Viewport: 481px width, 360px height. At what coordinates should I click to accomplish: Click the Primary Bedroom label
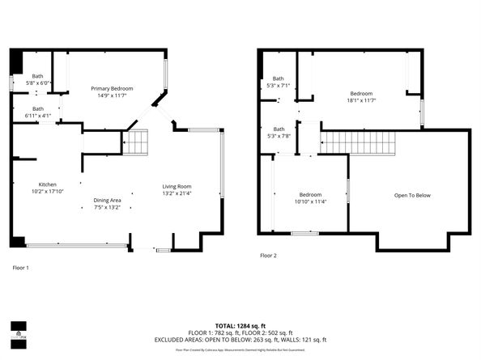point(112,88)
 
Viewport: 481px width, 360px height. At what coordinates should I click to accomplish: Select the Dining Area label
point(107,200)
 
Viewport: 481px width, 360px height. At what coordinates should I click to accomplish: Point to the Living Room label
point(177,186)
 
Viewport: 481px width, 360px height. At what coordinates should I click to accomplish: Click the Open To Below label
point(412,195)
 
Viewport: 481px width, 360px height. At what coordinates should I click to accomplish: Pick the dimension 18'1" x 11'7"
point(361,101)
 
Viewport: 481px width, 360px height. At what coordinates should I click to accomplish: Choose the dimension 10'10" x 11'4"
point(310,202)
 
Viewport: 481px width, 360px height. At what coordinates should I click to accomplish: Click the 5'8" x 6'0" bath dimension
point(38,83)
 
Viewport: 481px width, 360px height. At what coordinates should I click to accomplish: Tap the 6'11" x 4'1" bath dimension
point(38,116)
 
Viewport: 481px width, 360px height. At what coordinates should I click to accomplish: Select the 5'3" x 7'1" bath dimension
point(279,85)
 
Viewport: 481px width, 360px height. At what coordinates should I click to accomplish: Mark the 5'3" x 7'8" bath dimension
point(279,136)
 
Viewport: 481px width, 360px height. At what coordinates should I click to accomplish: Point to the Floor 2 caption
point(268,255)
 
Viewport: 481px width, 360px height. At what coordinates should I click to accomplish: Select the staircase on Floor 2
point(359,142)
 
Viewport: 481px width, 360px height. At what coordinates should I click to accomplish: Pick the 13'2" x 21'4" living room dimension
point(177,193)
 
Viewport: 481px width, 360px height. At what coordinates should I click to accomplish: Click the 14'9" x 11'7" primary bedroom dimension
point(112,95)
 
